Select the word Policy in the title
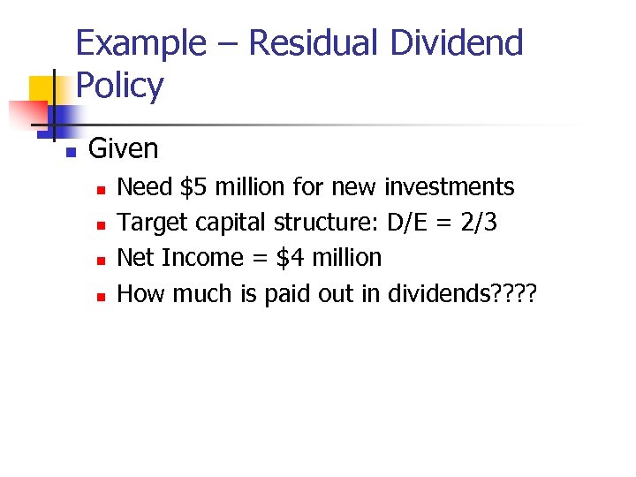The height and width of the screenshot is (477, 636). pos(120,86)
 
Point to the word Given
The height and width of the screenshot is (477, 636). pos(124,148)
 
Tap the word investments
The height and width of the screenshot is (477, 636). pos(450,187)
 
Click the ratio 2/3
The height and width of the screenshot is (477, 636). pos(478,223)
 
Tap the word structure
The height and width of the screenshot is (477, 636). pos(327,223)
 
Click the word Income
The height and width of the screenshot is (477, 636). pos(199,258)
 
